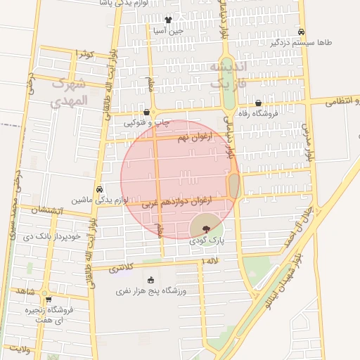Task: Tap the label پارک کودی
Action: [206, 240]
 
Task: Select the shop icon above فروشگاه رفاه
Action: [259, 103]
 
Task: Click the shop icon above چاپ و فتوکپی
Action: [146, 112]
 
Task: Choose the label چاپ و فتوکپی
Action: [147, 122]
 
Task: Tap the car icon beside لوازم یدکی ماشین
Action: [100, 189]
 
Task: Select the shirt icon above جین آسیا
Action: [167, 20]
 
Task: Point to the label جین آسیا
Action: [169, 30]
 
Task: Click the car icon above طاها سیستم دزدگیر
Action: [301, 32]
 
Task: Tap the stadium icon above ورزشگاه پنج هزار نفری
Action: [151, 280]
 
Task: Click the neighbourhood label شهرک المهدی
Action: [70, 91]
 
